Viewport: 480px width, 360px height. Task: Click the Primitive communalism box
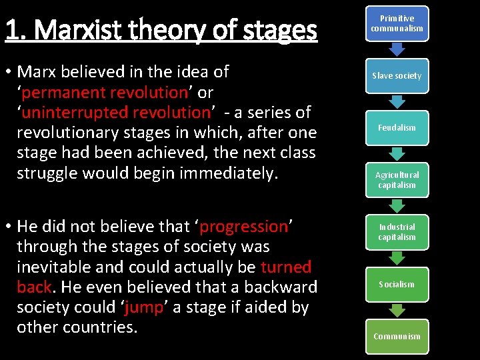397,23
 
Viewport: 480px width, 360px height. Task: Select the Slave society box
397,75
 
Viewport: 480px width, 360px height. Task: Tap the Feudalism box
397,127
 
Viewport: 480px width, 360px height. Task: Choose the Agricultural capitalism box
397,180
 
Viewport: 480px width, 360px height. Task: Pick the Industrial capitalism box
397,232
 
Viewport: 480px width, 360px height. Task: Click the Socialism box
397,284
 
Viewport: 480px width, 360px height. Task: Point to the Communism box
397,336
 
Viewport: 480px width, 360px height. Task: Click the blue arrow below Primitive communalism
397,49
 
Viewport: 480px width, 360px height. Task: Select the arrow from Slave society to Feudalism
397,101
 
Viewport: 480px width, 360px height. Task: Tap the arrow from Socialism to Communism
397,310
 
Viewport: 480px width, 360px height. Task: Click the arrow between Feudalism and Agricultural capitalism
397,153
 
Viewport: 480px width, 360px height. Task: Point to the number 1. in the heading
16,30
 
